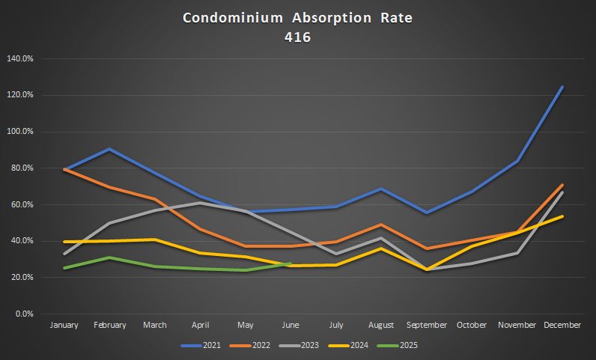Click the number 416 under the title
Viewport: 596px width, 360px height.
tap(297, 35)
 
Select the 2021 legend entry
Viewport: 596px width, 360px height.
tap(204, 345)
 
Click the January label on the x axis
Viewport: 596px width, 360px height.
tap(64, 326)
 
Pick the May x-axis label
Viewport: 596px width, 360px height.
tap(246, 326)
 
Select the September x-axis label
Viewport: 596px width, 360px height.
tap(426, 326)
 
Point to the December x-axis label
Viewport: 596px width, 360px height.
tap(562, 326)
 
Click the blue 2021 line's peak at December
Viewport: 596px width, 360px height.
tap(562, 87)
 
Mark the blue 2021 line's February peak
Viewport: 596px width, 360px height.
tap(109, 149)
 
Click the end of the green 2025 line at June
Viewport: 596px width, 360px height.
tap(291, 263)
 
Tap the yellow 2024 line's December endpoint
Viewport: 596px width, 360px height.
tap(562, 216)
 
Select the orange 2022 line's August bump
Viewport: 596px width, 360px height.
tap(381, 225)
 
